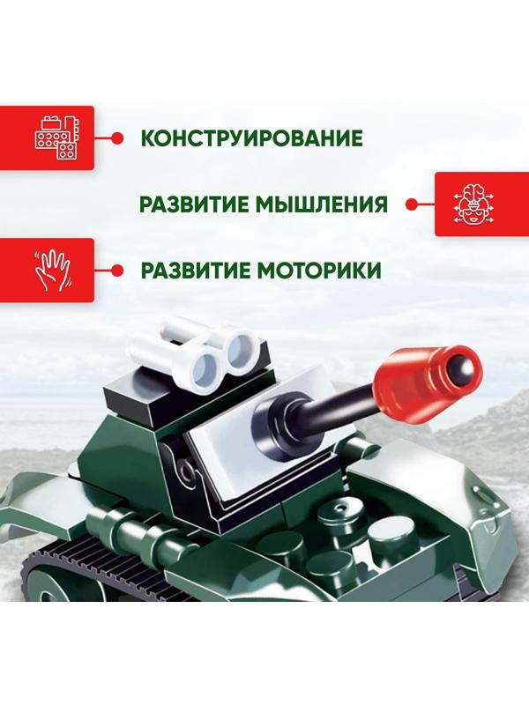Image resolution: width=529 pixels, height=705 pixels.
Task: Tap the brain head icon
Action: [x=473, y=205]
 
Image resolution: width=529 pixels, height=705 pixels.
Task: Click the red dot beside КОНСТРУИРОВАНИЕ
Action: [x=115, y=138]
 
